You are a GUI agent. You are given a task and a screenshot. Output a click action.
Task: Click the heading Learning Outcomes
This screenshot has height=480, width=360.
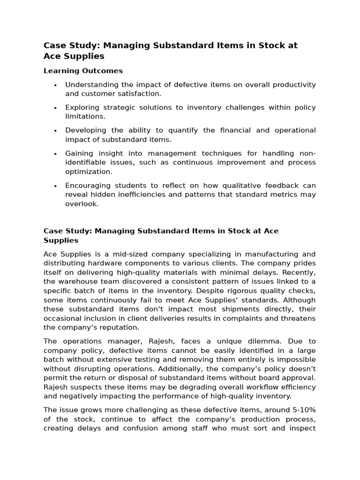pos(83,71)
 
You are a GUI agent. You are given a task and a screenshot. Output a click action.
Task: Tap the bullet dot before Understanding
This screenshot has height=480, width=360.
pos(55,85)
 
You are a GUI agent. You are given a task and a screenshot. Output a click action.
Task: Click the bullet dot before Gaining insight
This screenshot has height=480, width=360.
pos(55,154)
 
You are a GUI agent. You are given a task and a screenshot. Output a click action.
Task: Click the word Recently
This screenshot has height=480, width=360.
pos(299,272)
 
